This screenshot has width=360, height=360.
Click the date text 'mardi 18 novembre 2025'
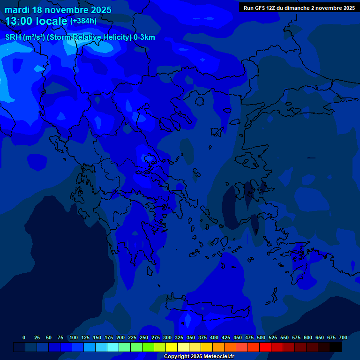coord(58,10)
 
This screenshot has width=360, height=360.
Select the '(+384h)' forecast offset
coord(83,21)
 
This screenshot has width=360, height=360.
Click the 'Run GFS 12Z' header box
coord(299,8)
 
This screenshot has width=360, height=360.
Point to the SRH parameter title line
coord(80,37)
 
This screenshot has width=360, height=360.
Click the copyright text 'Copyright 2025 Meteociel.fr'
coord(199,357)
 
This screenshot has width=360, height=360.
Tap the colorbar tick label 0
coord(24,337)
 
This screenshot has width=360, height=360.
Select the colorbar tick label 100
coord(74,337)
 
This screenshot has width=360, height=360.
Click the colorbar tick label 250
coord(144,337)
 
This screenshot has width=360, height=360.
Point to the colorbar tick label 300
coord(167,337)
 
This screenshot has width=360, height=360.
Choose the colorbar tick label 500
coord(261,337)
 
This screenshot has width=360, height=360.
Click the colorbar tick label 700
coord(343,337)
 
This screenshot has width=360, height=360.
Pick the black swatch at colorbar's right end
coord(336,347)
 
